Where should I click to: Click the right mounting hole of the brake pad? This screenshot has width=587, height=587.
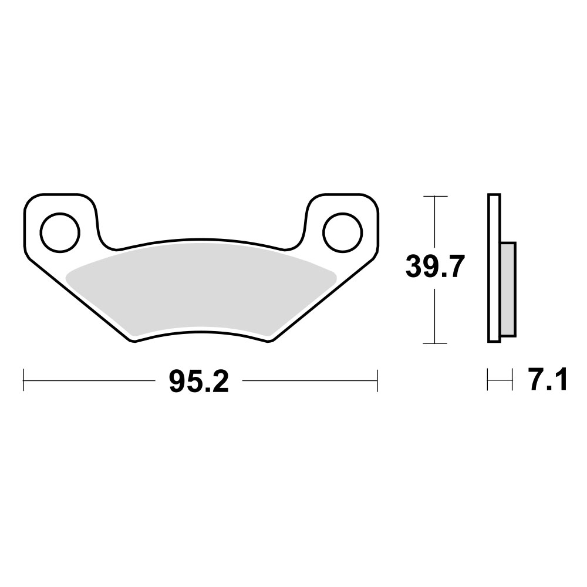point(341,231)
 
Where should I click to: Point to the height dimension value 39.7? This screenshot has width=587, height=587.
point(435,268)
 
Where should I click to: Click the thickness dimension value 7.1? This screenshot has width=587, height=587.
point(548,382)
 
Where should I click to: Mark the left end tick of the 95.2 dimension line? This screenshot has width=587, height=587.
point(23,380)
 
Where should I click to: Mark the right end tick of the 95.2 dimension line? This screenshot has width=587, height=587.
point(376,380)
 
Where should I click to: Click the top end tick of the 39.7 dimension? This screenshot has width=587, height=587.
point(435,195)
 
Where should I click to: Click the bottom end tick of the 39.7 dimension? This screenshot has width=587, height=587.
point(435,343)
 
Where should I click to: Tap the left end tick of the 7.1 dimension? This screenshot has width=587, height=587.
point(488,380)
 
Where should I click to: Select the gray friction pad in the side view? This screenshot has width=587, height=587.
point(508,290)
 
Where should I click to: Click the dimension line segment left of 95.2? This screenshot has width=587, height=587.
point(88,380)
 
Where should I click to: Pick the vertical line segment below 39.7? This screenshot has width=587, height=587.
point(435,317)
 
